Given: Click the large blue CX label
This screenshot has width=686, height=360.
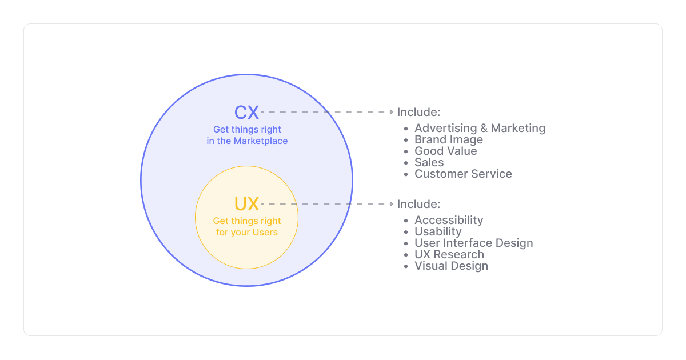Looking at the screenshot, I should tap(246, 112).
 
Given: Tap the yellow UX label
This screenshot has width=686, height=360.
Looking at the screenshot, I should tap(246, 204).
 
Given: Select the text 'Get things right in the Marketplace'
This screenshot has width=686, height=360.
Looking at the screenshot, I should tap(247, 135).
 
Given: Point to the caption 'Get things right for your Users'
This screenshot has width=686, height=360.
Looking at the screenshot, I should tap(247, 227).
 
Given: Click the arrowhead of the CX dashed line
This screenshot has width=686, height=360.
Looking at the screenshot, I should tap(392, 112).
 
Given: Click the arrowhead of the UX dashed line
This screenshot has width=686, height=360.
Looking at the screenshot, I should tap(392, 204).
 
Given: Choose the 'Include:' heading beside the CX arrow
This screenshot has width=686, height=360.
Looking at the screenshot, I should tap(418, 112).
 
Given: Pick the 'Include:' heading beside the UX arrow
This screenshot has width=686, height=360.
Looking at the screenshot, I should tap(418, 204).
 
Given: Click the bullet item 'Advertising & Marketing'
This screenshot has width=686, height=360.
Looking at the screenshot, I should tap(480, 129).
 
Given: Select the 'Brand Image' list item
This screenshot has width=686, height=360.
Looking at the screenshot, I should tap(449, 140).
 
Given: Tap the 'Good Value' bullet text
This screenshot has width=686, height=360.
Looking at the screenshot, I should tap(445, 151).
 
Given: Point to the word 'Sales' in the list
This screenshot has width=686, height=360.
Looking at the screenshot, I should tap(429, 163).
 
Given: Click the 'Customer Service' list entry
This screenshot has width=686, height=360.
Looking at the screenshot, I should tap(463, 174).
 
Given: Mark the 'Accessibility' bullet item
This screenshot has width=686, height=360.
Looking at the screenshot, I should tap(449, 221).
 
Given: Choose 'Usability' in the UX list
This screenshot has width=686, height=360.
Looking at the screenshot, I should tap(438, 232).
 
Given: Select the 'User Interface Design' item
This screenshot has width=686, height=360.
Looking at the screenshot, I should tap(473, 243).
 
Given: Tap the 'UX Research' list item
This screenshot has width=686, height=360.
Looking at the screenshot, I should tap(449, 255).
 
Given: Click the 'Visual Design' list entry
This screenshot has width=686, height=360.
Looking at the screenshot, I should tap(451, 266).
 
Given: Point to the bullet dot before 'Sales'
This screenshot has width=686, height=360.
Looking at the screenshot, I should tap(406, 163).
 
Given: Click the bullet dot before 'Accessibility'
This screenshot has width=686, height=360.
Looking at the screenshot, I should tap(406, 221).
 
